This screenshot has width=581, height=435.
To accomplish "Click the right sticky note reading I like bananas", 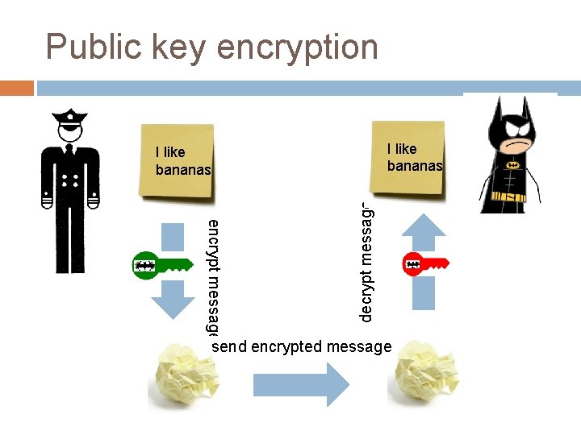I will click(x=408, y=157).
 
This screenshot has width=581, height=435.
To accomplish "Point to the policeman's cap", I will click(x=70, y=118).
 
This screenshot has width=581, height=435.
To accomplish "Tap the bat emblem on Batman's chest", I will click(x=510, y=164).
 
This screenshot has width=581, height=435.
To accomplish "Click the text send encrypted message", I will click(x=302, y=346).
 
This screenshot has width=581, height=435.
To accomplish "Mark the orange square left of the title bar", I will click(x=17, y=87).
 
